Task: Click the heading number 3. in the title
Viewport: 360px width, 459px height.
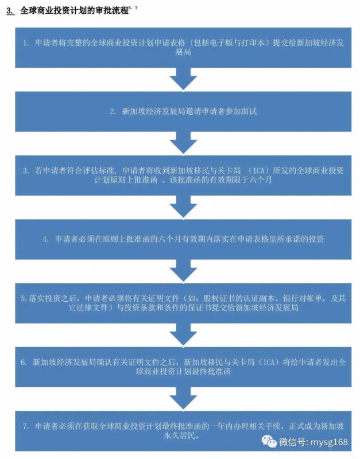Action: pos(10,10)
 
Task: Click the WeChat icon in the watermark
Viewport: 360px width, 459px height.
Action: pos(269,441)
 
